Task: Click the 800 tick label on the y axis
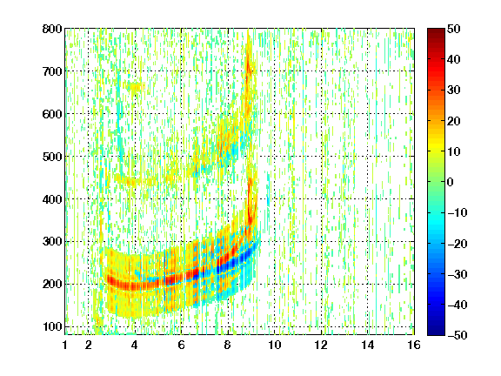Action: pos(52,29)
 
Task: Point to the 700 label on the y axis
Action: pos(52,71)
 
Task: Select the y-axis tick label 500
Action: pos(52,157)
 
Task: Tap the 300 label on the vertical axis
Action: pos(52,242)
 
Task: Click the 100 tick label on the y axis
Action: pos(52,326)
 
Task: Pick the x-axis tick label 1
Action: pos(65,345)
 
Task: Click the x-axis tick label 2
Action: pos(89,345)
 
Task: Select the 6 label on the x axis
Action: pos(182,345)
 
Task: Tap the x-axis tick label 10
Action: pos(275,345)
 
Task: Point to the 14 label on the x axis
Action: pos(368,345)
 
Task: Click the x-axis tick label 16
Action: pos(414,345)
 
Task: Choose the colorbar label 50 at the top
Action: pos(454,29)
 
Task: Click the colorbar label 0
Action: pos(451,182)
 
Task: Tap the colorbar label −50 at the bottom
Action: pos(458,335)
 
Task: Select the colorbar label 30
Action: pos(454,91)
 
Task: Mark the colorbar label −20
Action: pos(458,244)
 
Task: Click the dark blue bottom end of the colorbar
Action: pos(436,332)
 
